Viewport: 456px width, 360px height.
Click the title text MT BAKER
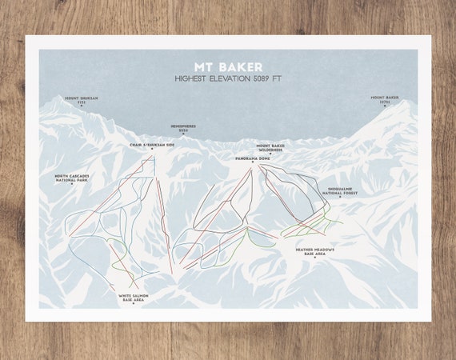227,66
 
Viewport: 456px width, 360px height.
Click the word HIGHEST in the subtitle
194,78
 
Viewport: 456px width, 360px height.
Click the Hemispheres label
182,126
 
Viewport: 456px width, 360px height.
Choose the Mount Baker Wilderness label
270,147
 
